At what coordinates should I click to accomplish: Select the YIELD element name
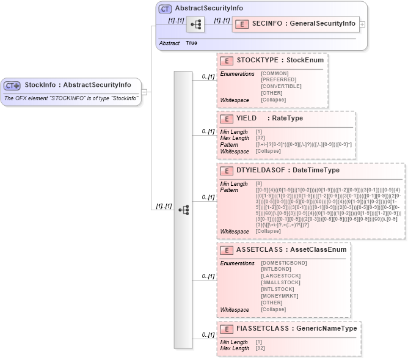pyautogui.click(x=246, y=118)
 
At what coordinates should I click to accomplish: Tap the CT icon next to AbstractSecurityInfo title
pyautogui.click(x=165, y=9)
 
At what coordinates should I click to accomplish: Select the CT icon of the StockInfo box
pyautogui.click(x=12, y=85)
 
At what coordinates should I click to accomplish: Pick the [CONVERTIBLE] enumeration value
pyautogui.click(x=281, y=86)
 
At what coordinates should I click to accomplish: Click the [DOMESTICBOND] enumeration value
pyautogui.click(x=283, y=263)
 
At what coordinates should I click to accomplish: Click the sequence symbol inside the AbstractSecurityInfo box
pyautogui.click(x=195, y=24)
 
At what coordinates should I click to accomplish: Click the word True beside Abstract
pyautogui.click(x=191, y=43)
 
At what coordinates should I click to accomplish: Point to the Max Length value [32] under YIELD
pyautogui.click(x=259, y=138)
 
